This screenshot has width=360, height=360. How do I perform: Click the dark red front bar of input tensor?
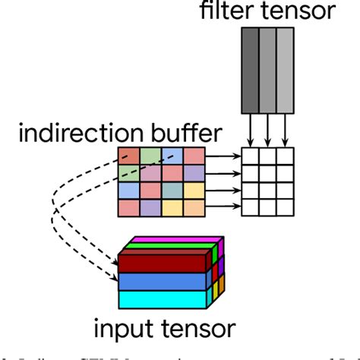click(x=163, y=262)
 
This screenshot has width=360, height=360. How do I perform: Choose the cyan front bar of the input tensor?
click(x=163, y=298)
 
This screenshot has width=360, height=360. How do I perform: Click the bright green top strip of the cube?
click(x=171, y=246)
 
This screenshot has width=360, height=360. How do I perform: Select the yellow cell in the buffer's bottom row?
click(x=172, y=207)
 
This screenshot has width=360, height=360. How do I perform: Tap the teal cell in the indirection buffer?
click(x=172, y=190)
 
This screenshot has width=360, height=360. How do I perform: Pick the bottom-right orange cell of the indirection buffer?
click(x=194, y=207)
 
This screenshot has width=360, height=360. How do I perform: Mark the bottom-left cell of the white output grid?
click(x=250, y=207)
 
